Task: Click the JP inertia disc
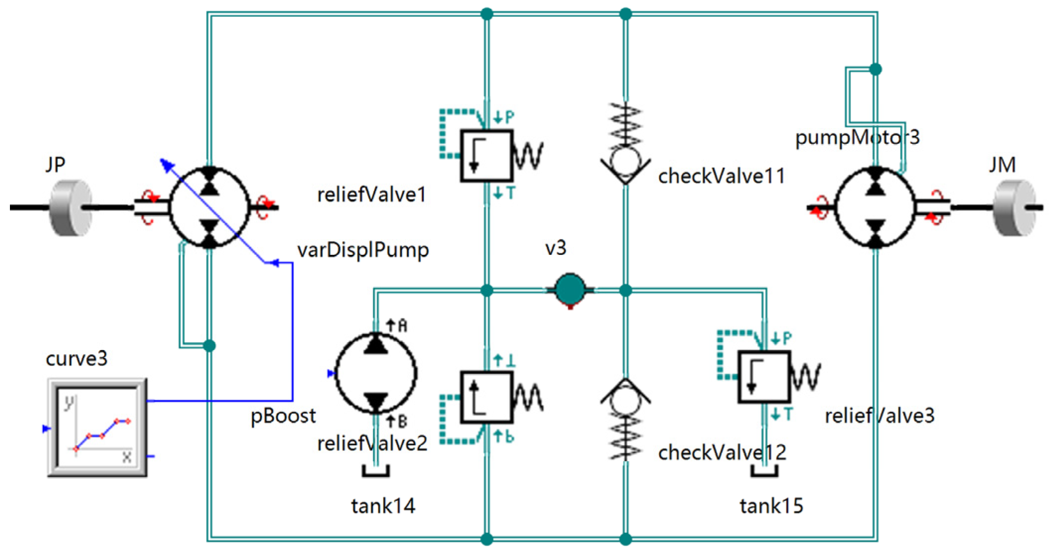coord(71,207)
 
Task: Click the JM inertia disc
coord(1014,207)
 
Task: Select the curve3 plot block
coord(97,428)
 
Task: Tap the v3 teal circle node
coord(570,289)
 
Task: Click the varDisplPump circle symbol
coord(210,207)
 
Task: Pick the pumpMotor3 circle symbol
coord(876,207)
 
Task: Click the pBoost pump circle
coord(376,373)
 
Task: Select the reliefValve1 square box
coord(486,156)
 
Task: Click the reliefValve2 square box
coord(486,397)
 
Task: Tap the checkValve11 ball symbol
coord(625,160)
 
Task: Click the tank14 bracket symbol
coord(376,471)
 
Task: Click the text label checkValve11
coord(721,176)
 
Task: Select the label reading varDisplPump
coord(363,249)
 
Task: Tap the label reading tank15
coord(771,506)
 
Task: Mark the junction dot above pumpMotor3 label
coord(876,69)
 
